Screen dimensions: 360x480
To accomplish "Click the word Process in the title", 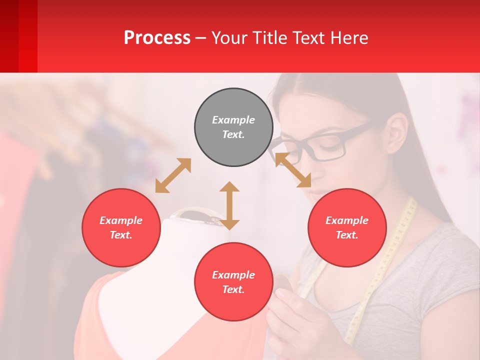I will pyautogui.click(x=157, y=38).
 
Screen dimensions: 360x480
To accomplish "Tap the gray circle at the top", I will pyautogui.click(x=233, y=127).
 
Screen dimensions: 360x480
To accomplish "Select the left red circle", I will pyautogui.click(x=121, y=227).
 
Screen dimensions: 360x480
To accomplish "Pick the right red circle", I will pyautogui.click(x=347, y=227).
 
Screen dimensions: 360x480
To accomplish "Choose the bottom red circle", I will pyautogui.click(x=233, y=282).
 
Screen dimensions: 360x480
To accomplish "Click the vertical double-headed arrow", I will pyautogui.click(x=229, y=205).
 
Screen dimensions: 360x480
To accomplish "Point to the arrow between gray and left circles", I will pyautogui.click(x=173, y=175).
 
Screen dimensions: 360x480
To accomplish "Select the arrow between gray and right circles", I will pyautogui.click(x=293, y=170).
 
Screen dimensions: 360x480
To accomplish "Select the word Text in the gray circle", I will pyautogui.click(x=233, y=134).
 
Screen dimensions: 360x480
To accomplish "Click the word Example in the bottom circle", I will pyautogui.click(x=233, y=275).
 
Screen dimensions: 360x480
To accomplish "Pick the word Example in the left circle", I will pyautogui.click(x=121, y=220).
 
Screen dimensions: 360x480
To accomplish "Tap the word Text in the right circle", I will pyautogui.click(x=347, y=235).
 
